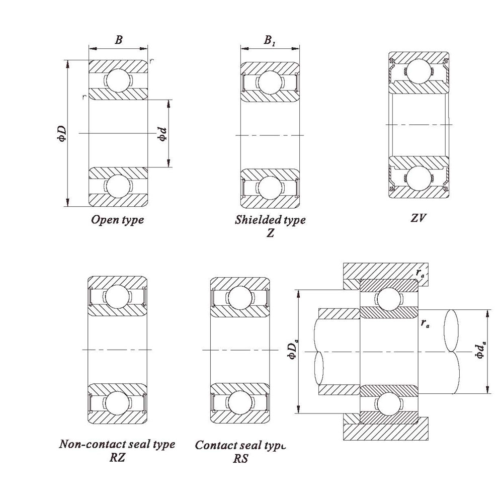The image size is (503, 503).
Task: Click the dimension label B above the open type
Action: click(118, 40)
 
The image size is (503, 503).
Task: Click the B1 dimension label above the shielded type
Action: click(270, 40)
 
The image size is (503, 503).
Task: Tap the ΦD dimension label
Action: click(61, 134)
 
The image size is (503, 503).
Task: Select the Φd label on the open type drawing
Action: click(162, 133)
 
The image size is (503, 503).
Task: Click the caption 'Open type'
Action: click(117, 220)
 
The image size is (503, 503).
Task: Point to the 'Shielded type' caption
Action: click(270, 220)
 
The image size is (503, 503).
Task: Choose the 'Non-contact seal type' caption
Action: click(117, 444)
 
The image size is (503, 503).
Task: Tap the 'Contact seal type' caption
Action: click(240, 445)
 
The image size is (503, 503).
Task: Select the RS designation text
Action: click(240, 458)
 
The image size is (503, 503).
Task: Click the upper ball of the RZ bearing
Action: click(117, 296)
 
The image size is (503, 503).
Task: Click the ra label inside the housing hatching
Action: click(420, 272)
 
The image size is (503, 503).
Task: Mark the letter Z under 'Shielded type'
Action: click(270, 233)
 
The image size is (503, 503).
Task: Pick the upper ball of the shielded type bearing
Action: click(270, 81)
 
